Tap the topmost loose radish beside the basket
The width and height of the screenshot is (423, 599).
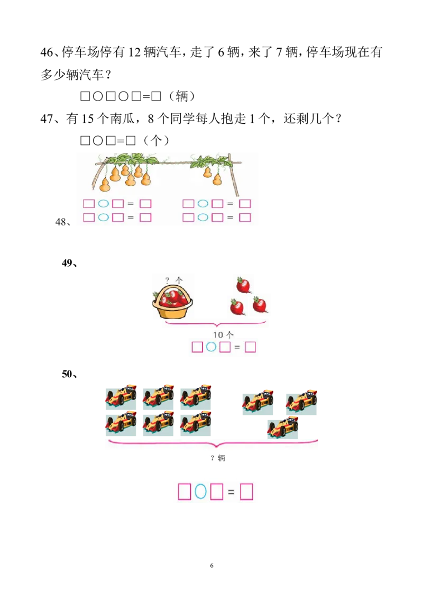(x=243, y=285)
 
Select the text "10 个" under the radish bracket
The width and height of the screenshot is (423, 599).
(x=223, y=334)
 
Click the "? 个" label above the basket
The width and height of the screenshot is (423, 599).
(x=174, y=280)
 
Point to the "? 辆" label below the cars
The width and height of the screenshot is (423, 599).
(x=217, y=458)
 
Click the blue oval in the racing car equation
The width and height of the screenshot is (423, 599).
(x=200, y=492)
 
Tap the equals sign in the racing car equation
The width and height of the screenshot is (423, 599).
(x=231, y=492)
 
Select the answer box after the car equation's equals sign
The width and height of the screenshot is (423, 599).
(x=246, y=492)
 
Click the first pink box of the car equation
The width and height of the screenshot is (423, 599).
(x=184, y=492)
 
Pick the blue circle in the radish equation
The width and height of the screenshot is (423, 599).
(x=211, y=347)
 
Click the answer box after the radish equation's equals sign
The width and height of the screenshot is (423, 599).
(x=251, y=347)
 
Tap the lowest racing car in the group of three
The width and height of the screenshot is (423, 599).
(x=283, y=428)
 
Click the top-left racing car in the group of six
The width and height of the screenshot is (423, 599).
(x=121, y=395)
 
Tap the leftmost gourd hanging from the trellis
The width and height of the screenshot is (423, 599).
(x=105, y=184)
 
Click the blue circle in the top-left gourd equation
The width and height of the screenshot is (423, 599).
(x=103, y=204)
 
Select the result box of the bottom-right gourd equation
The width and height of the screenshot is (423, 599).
(x=245, y=217)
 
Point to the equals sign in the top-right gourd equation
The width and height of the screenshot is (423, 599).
(x=230, y=204)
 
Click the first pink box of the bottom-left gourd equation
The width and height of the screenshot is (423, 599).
(x=89, y=217)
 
